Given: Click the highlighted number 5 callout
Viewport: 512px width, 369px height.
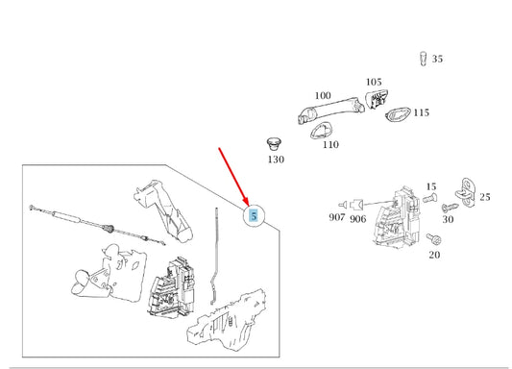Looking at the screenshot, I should (x=254, y=215).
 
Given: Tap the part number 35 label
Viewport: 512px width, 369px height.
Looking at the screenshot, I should (x=437, y=59).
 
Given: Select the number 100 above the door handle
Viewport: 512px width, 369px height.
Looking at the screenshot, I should (x=323, y=96).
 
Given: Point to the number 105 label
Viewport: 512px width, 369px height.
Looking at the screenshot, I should (x=374, y=83).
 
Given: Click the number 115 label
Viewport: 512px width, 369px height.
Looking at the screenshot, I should (x=421, y=113).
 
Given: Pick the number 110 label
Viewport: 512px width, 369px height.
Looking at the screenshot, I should (x=330, y=145).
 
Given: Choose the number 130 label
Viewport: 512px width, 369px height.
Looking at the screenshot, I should (x=276, y=160).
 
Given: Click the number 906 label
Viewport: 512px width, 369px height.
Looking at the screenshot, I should (x=357, y=219).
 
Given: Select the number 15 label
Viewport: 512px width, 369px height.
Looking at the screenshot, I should (x=430, y=186).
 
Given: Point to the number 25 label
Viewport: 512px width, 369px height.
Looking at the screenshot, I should (x=484, y=197).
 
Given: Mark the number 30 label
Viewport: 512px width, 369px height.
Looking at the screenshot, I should (x=447, y=219).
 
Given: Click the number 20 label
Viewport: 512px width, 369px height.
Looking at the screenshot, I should (x=434, y=256).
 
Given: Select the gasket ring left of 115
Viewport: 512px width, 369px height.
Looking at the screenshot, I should (x=395, y=116).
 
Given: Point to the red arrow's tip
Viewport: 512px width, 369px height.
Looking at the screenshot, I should (x=247, y=204).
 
